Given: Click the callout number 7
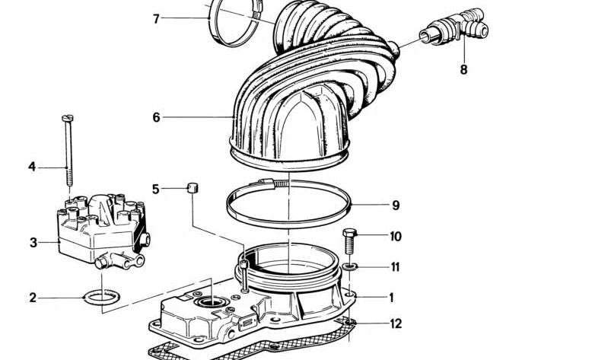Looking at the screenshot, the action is click(x=156, y=18).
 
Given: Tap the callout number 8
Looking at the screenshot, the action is click(x=463, y=70).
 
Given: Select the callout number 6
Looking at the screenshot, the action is click(x=156, y=117).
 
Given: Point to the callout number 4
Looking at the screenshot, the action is click(x=32, y=167).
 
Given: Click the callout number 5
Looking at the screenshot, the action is click(x=155, y=190).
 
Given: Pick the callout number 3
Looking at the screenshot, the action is click(x=33, y=243).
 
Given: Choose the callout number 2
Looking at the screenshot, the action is click(x=33, y=298).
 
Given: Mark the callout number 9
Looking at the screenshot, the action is click(x=396, y=205).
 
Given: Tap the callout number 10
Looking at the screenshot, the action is click(x=396, y=236).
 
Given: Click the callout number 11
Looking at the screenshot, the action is click(x=395, y=267).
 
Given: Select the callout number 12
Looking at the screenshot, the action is click(x=396, y=323).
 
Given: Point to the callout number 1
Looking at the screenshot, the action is click(x=392, y=298).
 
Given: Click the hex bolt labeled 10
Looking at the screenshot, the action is click(x=349, y=242).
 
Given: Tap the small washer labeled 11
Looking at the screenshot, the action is click(x=350, y=267).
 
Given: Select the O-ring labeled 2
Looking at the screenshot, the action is click(x=102, y=298).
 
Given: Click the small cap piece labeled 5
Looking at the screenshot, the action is click(x=193, y=188).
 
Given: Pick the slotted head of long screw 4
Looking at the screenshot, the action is click(x=68, y=118).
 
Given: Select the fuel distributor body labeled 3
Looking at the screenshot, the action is click(x=103, y=231).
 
